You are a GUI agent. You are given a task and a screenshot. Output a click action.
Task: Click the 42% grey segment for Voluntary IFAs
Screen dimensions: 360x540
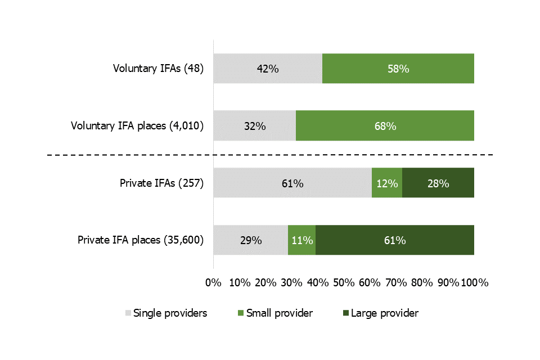click(x=268, y=69)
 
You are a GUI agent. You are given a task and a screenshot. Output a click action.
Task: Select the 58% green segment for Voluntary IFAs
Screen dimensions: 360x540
click(x=398, y=69)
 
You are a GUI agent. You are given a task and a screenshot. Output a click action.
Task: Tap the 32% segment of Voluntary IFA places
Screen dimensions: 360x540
click(x=254, y=126)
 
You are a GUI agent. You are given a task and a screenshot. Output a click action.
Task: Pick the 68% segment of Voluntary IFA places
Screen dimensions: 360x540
click(x=385, y=126)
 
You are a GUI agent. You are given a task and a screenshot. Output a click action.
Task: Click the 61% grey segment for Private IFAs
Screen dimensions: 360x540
click(x=292, y=183)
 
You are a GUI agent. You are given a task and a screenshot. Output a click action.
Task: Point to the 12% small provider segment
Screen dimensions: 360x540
click(x=387, y=183)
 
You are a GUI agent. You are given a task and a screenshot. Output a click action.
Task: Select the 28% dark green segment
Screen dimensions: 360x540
click(x=438, y=183)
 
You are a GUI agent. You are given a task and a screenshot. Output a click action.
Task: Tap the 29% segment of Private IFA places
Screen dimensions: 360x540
click(x=250, y=240)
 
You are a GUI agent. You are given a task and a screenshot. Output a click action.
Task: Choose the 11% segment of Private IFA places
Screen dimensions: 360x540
click(x=301, y=240)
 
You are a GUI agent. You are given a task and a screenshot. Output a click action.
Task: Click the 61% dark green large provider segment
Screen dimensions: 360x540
click(x=394, y=240)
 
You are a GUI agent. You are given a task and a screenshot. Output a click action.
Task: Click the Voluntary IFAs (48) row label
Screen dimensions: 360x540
click(x=157, y=69)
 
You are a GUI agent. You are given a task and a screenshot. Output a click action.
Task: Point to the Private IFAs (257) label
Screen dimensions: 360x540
click(x=161, y=183)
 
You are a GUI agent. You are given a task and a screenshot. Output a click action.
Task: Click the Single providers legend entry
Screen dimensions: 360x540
click(x=166, y=313)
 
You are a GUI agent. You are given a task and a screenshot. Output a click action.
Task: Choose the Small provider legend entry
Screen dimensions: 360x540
click(x=274, y=313)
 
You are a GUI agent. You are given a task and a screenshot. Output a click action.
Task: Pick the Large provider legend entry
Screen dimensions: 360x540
click(x=379, y=313)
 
